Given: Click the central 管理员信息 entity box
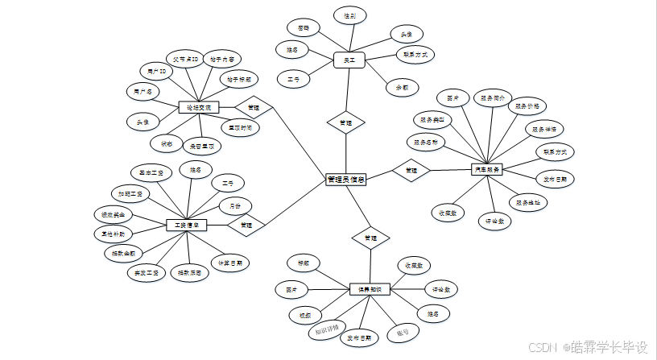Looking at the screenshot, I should pos(345,180).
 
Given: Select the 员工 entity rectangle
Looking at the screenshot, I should pos(349,60).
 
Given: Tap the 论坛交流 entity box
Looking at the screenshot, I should pos(199,107).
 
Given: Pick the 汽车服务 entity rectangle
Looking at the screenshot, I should pos(486,170).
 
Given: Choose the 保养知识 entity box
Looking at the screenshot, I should pos(370,288).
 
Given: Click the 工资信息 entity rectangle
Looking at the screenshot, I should pos(187,224).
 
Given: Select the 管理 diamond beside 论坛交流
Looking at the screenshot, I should pos(253,107).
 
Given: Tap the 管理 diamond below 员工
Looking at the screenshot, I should pos(345,122).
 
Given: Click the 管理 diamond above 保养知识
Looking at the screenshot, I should pos(370,238).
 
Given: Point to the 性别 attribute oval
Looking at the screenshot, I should pos(349,15).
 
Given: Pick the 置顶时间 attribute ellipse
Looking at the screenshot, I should pos(238,127).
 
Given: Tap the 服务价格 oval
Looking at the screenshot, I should pos(527,106).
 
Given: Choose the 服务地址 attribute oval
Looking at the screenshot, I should pos(528,202).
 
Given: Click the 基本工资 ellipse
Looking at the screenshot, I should pos(151,172).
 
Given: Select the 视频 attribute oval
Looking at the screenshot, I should pos(305,314).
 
